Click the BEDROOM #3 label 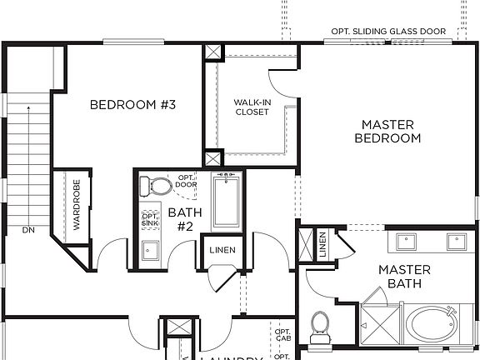132,105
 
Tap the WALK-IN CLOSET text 252,107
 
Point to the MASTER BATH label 404,277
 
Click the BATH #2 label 181,219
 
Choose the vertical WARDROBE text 76,204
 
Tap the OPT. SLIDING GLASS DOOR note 388,32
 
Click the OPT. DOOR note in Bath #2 185,182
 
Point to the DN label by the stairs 28,230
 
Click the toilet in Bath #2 151,184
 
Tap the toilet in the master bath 319,326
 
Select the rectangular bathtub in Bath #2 226,202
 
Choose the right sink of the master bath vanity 457,241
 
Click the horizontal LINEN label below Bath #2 222,250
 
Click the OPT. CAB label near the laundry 282,335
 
